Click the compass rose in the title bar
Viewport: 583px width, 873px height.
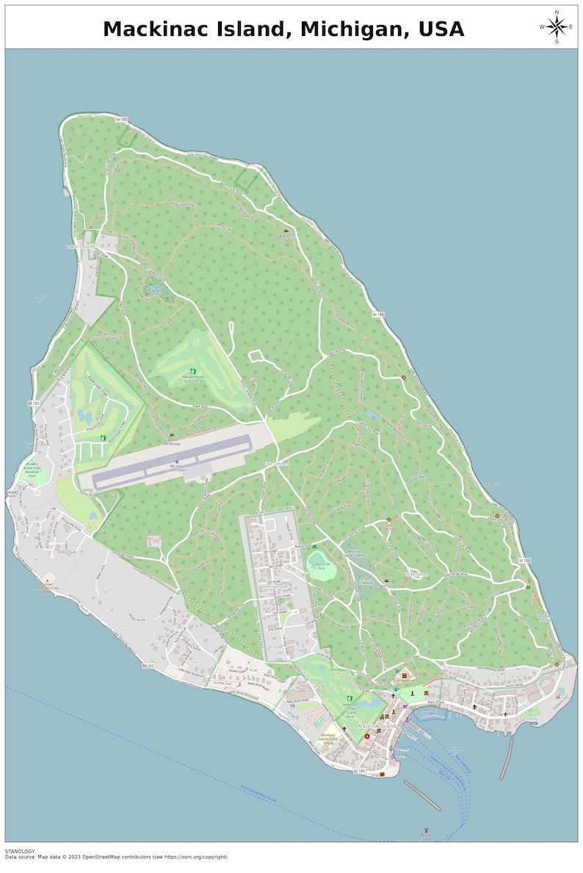tap(557, 26)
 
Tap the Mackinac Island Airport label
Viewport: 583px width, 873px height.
tap(175, 467)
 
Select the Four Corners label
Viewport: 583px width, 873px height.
tap(277, 464)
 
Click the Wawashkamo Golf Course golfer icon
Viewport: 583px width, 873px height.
tap(194, 370)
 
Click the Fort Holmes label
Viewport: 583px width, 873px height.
tap(416, 574)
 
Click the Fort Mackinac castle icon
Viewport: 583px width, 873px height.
tap(404, 674)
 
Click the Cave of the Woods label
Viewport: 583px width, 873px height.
tap(171, 442)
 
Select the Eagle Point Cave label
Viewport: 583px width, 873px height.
tap(286, 236)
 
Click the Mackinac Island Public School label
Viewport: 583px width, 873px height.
tap(327, 738)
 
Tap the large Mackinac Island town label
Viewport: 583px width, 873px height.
tap(377, 726)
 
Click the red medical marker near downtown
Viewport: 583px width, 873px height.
tap(367, 715)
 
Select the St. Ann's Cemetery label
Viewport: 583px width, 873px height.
tap(366, 581)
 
